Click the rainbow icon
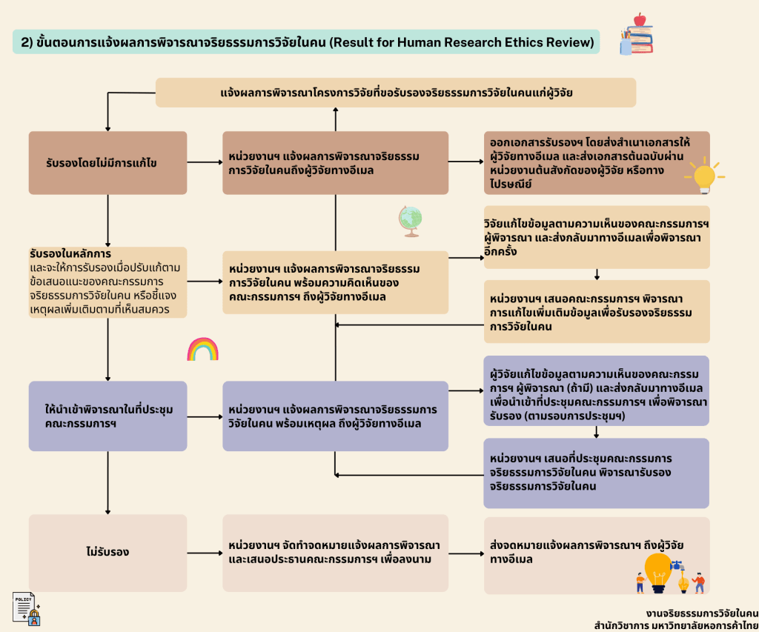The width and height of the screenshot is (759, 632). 202,349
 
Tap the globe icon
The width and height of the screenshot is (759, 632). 410,221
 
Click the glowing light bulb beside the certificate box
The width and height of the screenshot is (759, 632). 703,176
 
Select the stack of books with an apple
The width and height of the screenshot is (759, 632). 637,34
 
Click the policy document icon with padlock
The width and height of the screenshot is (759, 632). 26,608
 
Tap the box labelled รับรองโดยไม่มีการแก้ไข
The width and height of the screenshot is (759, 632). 107,162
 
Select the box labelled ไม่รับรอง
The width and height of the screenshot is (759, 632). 107,553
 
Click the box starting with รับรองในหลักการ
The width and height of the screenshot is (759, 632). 107,282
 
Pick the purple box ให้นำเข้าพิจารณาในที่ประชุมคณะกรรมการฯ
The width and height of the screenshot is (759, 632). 107,416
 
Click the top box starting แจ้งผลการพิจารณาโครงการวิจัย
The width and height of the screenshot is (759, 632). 396,93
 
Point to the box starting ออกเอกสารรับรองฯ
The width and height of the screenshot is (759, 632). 597,162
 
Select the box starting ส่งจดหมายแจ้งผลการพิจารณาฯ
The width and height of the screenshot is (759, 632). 597,554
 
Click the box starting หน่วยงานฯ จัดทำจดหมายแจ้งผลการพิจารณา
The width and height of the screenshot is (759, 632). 335,553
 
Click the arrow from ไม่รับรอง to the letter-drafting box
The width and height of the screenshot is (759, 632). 205,553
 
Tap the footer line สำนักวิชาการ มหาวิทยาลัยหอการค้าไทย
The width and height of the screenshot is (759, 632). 675,625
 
